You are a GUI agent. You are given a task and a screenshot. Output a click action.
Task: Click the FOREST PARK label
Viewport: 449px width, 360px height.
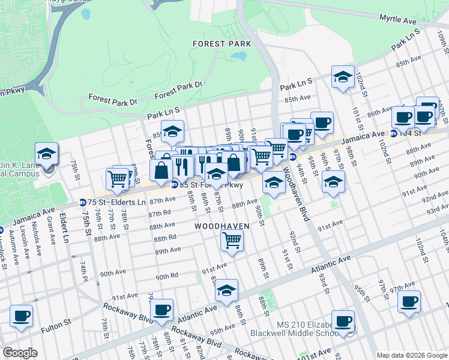click(221, 44)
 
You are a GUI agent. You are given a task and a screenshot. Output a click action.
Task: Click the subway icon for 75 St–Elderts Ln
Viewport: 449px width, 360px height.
click(83, 203)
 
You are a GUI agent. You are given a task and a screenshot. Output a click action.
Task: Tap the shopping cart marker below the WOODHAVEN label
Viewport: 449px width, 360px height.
click(232, 240)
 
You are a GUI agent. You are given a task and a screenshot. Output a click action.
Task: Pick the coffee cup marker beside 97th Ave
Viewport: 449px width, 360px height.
click(409, 301)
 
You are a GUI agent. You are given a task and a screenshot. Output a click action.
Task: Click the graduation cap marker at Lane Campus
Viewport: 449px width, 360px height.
click(46, 153)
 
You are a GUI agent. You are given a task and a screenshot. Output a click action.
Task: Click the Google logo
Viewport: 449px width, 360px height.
click(20, 353)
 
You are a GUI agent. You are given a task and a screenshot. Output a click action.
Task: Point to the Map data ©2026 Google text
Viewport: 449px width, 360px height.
click(411, 355)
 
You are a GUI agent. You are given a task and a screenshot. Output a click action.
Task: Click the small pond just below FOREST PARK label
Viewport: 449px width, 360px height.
click(239, 56)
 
